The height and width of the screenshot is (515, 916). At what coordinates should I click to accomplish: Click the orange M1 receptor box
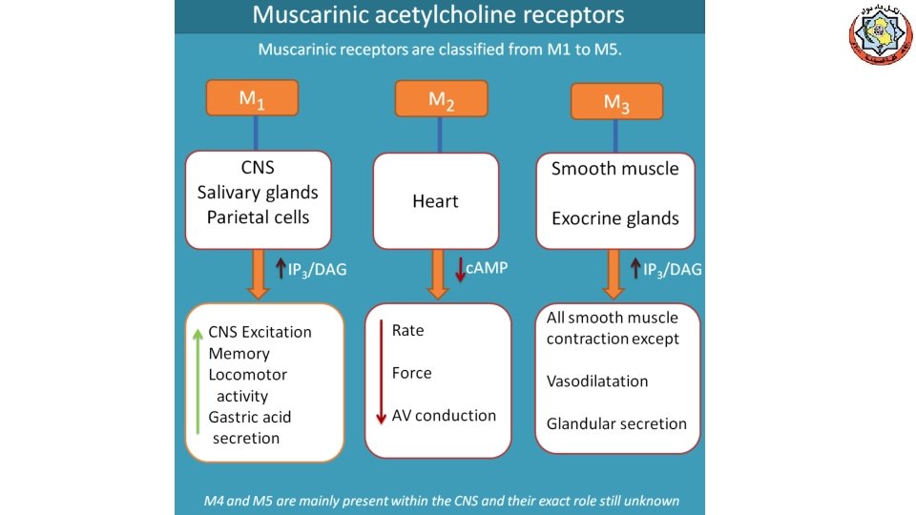[253, 97]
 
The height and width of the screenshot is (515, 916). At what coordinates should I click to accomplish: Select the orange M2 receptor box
[441, 98]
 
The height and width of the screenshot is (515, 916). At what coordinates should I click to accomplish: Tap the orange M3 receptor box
[616, 102]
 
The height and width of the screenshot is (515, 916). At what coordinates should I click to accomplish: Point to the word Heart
[435, 201]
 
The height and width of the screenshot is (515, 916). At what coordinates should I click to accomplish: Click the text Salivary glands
[258, 193]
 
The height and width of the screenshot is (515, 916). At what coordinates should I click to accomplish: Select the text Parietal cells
[258, 217]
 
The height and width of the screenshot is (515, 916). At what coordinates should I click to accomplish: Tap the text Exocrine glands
[615, 218]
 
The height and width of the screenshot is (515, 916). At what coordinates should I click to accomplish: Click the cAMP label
[487, 269]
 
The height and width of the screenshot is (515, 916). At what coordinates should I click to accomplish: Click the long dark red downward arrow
[381, 373]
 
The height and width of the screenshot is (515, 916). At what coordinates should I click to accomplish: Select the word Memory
[239, 354]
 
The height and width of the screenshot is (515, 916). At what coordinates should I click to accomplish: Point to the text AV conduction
[444, 416]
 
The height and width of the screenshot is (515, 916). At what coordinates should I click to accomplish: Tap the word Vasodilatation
[597, 381]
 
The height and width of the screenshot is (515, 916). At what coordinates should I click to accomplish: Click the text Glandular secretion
[616, 423]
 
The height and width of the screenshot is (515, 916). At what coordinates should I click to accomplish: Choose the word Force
[411, 373]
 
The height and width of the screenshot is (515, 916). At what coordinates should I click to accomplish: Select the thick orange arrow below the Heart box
[439, 274]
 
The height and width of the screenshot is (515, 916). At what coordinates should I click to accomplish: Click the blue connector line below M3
[616, 135]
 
